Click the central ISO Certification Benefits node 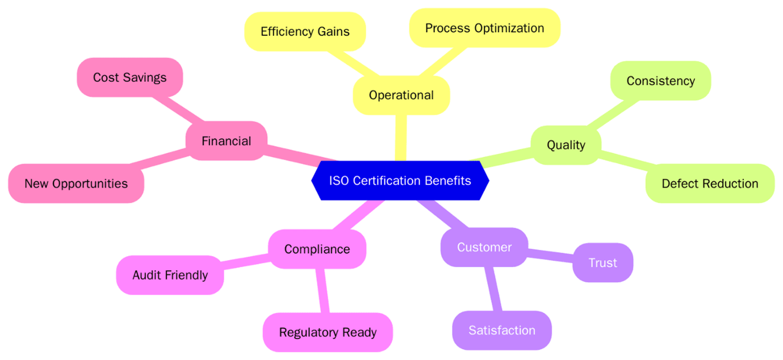pos(400,181)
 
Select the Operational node pos(401,95)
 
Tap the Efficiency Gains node pos(305,32)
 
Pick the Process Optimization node pos(484,28)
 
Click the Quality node pos(566,145)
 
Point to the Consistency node pos(660,81)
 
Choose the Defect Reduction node pos(710,183)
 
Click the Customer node pos(484,247)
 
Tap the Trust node pos(602,263)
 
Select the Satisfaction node pos(502,330)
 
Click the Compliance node pos(317,249)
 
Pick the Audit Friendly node pos(170,275)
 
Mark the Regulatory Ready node pos(328,332)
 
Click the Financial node pos(227,141)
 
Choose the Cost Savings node pos(129,77)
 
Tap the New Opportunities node pos(76,183)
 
